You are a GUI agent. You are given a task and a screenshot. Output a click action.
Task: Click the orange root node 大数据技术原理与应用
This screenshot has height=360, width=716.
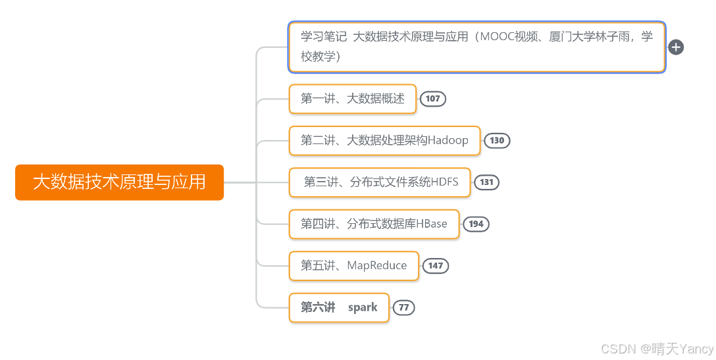pos(119,182)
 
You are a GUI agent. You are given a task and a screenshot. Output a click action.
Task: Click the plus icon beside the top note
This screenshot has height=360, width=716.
pos(676,47)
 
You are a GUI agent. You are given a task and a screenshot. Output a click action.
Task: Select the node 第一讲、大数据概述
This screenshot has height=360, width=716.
pos(353,99)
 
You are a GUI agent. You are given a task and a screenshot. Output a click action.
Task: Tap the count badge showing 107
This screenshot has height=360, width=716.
pos(432,99)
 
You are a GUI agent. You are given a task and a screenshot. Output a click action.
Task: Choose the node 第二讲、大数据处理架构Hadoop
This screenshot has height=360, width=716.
pos(384,140)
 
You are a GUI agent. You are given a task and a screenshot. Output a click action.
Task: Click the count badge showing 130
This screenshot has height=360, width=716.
pos(497,140)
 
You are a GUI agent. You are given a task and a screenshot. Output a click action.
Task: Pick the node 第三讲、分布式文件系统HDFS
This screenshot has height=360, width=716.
pos(380,182)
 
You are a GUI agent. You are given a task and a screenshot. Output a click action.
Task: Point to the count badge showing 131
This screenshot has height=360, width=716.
pos(486,182)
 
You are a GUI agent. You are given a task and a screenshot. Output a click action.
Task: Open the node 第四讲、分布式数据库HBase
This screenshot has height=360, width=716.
pos(374,224)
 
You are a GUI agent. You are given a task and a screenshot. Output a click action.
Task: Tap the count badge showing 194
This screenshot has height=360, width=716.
pos(476,224)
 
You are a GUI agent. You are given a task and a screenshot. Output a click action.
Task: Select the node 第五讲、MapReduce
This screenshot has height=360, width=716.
pos(353,266)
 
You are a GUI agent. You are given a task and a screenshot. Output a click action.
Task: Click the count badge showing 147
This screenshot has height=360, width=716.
pos(435,266)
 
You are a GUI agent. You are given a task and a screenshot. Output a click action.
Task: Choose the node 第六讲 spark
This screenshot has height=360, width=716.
pos(339,307)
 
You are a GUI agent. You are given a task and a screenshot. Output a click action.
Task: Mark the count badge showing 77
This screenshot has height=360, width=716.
pos(404,307)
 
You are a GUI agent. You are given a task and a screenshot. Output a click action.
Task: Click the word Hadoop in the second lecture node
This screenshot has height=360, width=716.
pos(448,140)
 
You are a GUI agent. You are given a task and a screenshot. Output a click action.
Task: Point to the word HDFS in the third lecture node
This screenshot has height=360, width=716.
pos(444,182)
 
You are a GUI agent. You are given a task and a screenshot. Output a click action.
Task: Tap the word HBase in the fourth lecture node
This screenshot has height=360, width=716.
pos(431,224)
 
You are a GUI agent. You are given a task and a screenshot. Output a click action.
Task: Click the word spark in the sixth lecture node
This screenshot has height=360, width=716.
pos(363,307)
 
